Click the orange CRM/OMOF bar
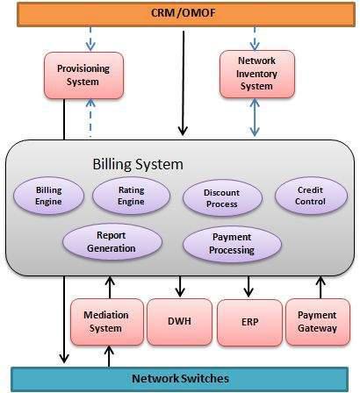tap(179, 13)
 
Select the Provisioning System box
tap(76, 75)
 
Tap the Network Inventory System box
tap(256, 72)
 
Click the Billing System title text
tap(138, 164)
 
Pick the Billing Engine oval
tap(48, 196)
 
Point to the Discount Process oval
tap(221, 197)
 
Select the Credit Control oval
tap(311, 195)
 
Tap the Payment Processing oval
tap(233, 244)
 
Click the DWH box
tap(179, 322)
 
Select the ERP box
tap(249, 322)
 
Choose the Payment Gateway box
tap(318, 321)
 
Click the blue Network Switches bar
tap(180, 378)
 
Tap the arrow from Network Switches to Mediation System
tap(109, 355)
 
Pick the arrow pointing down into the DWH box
tap(180, 287)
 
